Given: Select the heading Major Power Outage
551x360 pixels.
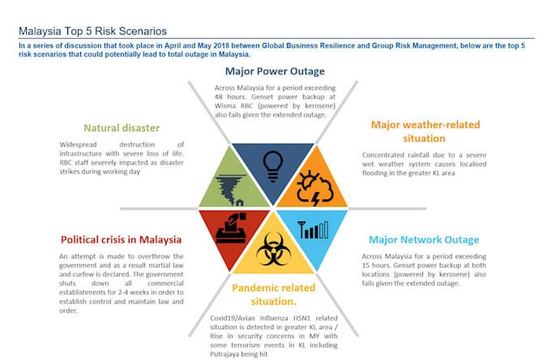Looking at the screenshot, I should [269, 71].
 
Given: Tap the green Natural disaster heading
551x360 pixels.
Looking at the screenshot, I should [122, 127].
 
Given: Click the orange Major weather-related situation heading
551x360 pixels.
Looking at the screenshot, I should [425, 131].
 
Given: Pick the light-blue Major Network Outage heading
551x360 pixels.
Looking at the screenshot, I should [423, 240].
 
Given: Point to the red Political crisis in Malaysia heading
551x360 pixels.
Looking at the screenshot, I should [121, 239].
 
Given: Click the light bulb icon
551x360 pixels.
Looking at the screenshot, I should [273, 161].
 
